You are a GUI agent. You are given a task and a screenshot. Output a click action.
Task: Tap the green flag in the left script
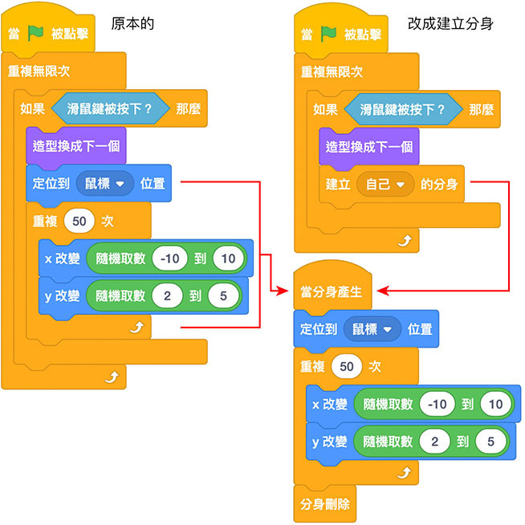click(x=35, y=34)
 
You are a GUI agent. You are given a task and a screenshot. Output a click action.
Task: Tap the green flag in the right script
click(x=329, y=34)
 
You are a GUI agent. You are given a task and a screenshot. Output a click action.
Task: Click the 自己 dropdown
click(x=385, y=184)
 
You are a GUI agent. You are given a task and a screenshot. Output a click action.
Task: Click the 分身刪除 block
click(x=323, y=506)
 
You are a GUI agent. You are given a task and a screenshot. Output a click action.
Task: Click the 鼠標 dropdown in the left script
click(x=105, y=183)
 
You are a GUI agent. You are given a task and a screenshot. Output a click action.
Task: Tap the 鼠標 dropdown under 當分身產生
click(x=372, y=329)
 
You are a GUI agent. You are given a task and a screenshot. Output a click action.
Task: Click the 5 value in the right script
click(x=490, y=441)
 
